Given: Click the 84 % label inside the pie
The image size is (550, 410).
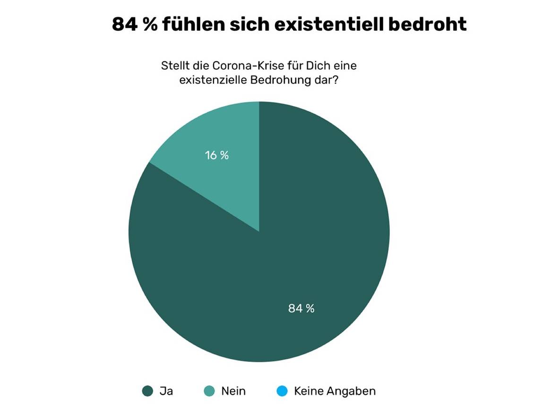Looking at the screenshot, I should (301, 308).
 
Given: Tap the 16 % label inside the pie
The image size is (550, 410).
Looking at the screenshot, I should (216, 155).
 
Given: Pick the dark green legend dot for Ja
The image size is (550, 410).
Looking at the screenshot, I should (147, 391).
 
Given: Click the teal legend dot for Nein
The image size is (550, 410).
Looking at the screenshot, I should (209, 391).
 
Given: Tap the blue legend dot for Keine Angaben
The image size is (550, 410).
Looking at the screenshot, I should (283, 391).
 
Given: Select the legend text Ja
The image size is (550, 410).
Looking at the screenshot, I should (166, 391).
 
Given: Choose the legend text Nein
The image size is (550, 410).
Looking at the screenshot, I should (233, 391).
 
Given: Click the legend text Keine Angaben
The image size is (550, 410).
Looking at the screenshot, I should (335, 391).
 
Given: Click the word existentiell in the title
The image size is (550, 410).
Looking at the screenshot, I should (329, 24).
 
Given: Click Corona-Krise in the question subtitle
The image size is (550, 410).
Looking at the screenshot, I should (244, 66).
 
